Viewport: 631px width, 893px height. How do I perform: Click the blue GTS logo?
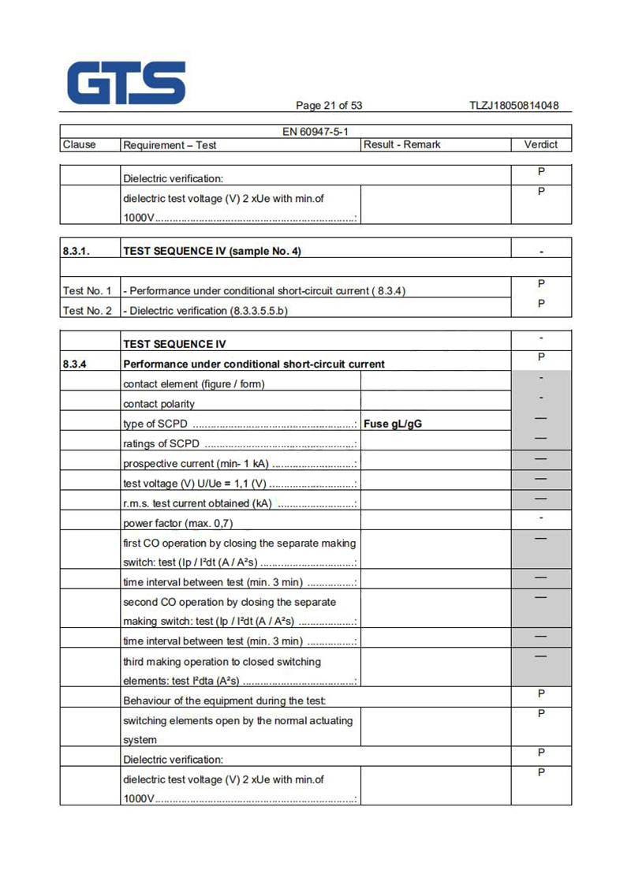pyautogui.click(x=126, y=83)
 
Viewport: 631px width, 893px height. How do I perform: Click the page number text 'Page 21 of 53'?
pyautogui.click(x=329, y=106)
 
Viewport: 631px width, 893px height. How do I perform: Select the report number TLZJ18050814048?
pyautogui.click(x=513, y=106)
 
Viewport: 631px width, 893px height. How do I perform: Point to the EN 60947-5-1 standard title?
pyautogui.click(x=315, y=132)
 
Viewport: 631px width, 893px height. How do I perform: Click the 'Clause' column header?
pyautogui.click(x=79, y=144)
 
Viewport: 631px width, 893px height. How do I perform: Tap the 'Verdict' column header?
pyautogui.click(x=540, y=144)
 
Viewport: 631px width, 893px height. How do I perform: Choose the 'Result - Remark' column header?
pyautogui.click(x=402, y=144)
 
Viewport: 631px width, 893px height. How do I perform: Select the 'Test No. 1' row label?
pyautogui.click(x=87, y=291)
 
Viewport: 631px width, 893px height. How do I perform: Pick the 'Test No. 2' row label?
pyautogui.click(x=87, y=311)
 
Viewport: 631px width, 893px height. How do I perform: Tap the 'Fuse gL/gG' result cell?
pyautogui.click(x=393, y=424)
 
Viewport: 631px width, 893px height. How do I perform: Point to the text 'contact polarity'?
pyautogui.click(x=159, y=404)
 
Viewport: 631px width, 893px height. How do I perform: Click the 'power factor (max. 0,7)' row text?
pyautogui.click(x=177, y=523)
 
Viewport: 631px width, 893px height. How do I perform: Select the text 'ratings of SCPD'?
pyautogui.click(x=161, y=443)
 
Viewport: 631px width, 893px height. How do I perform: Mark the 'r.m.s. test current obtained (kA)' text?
pyautogui.click(x=197, y=503)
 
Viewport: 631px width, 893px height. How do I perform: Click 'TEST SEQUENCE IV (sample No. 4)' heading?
pyautogui.click(x=212, y=251)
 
